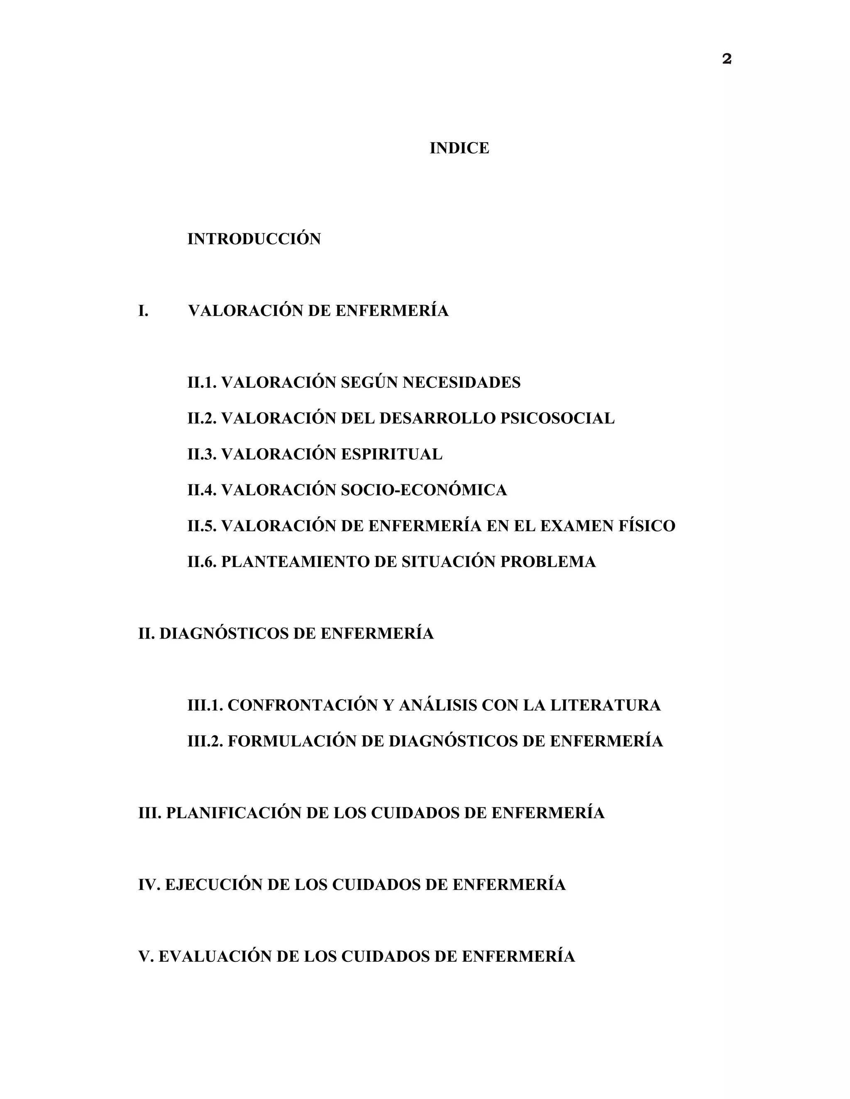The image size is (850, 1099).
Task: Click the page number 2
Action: pyautogui.click(x=726, y=59)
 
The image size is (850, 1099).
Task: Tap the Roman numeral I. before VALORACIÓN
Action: pyautogui.click(x=143, y=311)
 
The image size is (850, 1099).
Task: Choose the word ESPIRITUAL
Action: pyautogui.click(x=391, y=455)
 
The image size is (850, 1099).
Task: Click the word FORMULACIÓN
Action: pyautogui.click(x=292, y=741)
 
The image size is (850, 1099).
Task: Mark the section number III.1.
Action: pyautogui.click(x=205, y=705)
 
